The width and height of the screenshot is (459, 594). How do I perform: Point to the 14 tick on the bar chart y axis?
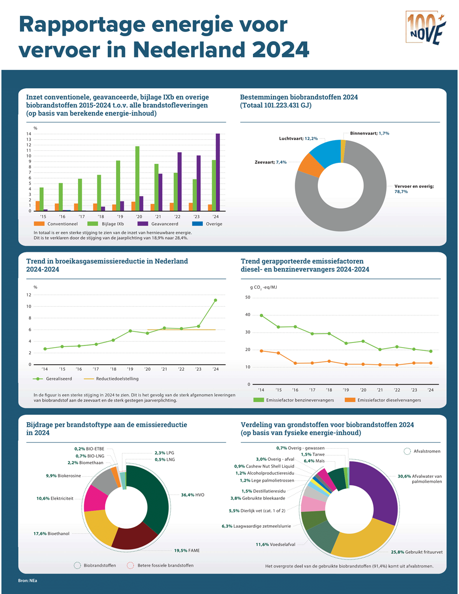pyautogui.click(x=29, y=134)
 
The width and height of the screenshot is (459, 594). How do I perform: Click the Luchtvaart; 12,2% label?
pyautogui.click(x=298, y=138)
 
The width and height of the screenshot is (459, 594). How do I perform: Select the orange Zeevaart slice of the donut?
pyautogui.click(x=310, y=165)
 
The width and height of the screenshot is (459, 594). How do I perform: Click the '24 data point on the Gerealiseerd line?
pyautogui.click(x=215, y=300)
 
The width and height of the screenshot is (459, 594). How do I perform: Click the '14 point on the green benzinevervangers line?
pyautogui.click(x=261, y=316)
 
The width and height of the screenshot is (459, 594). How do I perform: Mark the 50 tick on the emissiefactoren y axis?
pyautogui.click(x=247, y=297)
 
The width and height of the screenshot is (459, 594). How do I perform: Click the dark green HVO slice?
pyautogui.click(x=153, y=497)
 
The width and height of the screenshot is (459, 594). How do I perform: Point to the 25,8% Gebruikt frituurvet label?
pyautogui.click(x=416, y=552)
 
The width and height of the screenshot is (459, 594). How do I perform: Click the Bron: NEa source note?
pyautogui.click(x=27, y=581)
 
